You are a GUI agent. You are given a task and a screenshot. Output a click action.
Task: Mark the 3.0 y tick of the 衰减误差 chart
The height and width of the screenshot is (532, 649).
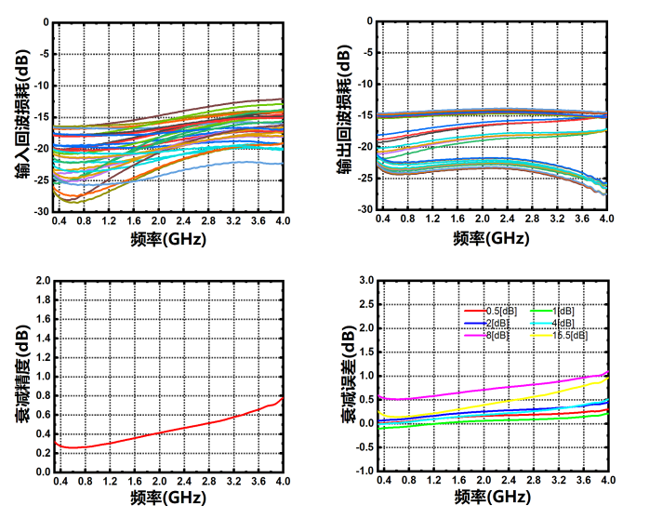365,280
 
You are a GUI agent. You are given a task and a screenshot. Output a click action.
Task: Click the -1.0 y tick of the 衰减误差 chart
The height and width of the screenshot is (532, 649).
364,472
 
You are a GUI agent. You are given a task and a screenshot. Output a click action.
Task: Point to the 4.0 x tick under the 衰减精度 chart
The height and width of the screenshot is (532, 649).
283,483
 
